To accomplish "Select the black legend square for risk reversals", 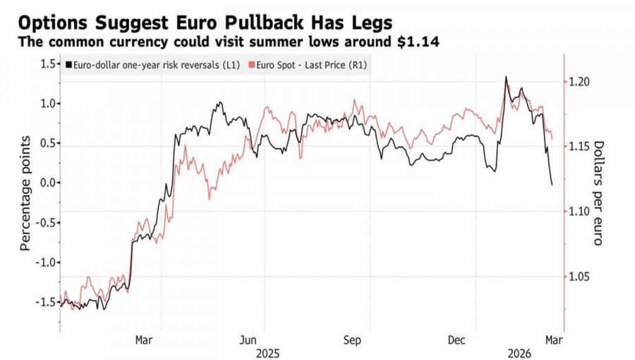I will (68, 65).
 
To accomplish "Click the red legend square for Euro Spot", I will (253, 65).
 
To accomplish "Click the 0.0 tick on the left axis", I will (49, 183).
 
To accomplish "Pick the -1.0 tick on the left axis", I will (47, 262).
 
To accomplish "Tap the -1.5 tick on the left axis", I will (47, 302).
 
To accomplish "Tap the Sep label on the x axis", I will (352, 340).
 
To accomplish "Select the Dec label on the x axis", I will (456, 340).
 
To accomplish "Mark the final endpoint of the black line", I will (552, 185).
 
